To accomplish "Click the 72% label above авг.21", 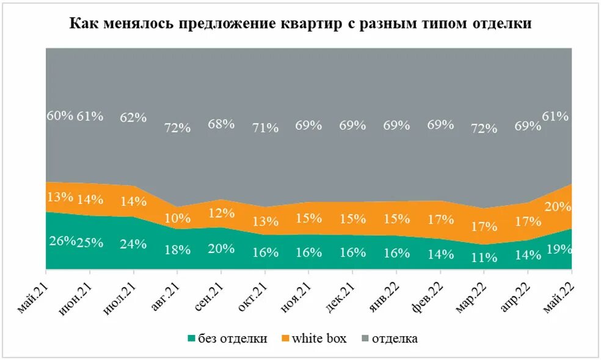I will click(x=178, y=128).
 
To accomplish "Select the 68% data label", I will click(x=221, y=124).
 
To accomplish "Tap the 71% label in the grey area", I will click(x=265, y=128).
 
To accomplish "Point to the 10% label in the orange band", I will click(x=178, y=218).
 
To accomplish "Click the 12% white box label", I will click(x=221, y=214).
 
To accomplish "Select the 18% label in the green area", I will click(x=178, y=250).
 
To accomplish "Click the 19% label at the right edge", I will click(x=559, y=249).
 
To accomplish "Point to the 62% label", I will click(x=133, y=118).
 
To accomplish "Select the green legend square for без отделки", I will click(x=192, y=339).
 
